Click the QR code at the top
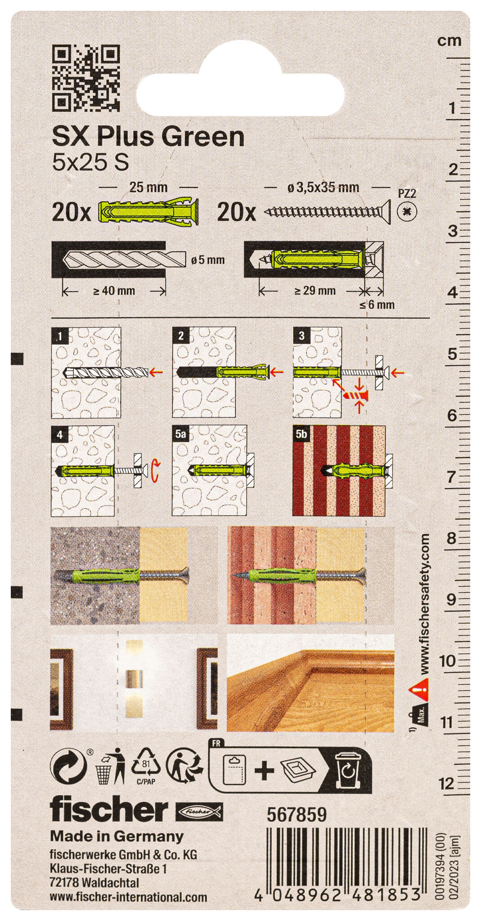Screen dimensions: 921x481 click(86, 77)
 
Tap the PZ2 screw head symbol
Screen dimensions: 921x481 click(407, 211)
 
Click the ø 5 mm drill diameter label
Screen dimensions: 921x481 click(207, 260)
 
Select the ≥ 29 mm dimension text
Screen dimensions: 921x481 click(315, 291)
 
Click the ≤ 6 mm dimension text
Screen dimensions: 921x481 click(377, 305)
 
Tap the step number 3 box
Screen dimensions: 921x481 click(302, 335)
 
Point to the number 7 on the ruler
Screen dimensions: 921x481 click(451, 477)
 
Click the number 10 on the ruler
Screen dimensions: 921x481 click(447, 661)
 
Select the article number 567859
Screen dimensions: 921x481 click(297, 814)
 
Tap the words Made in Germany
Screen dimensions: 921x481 click(117, 836)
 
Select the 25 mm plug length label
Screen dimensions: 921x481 click(148, 187)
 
